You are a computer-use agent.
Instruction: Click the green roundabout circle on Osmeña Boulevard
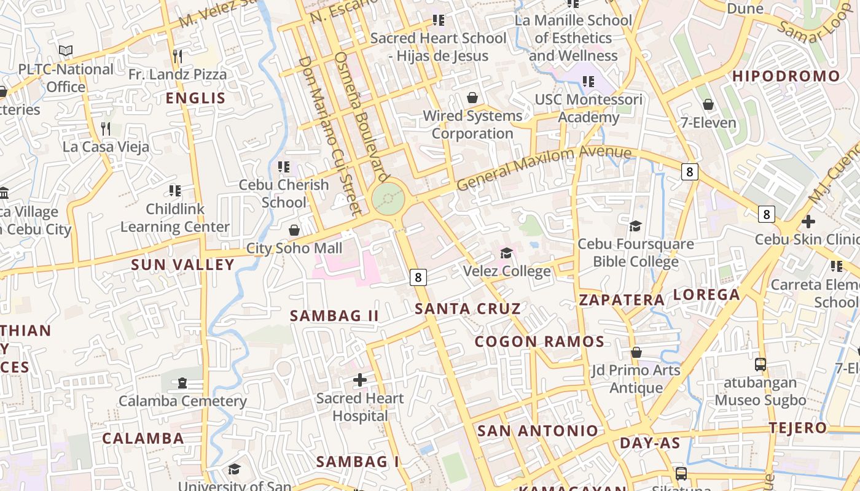388,199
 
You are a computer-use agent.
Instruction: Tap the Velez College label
507,271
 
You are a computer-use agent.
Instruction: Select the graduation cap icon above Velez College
507,253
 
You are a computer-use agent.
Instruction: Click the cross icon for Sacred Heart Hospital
360,381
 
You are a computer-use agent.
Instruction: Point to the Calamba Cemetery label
182,401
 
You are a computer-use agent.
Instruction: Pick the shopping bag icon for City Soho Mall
294,230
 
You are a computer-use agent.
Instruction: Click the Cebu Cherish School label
284,193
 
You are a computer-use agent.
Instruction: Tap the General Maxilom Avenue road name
544,167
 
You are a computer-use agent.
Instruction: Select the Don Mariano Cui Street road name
328,135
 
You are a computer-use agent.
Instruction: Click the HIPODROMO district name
786,76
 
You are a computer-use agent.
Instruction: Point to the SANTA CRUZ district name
468,309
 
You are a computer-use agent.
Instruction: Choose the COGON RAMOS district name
539,342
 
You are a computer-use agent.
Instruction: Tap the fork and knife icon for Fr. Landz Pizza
178,56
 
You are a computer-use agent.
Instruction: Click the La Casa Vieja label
106,147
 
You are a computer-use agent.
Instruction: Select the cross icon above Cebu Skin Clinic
808,221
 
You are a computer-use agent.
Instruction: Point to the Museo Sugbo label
760,401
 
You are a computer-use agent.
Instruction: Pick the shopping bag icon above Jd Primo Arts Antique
636,353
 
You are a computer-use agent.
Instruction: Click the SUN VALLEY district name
183,265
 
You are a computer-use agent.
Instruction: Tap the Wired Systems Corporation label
472,125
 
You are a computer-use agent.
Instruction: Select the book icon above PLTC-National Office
66,51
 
